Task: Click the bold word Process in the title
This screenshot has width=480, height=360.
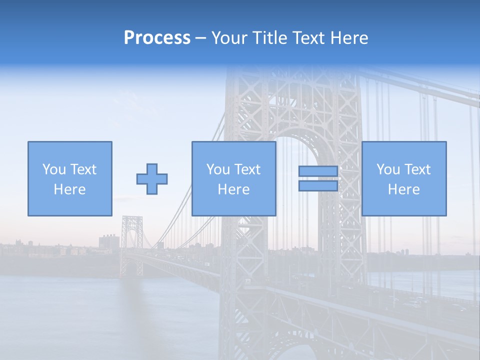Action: tap(157, 38)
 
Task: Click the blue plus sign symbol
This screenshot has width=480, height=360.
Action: tap(152, 179)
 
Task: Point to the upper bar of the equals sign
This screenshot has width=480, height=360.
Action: tap(318, 171)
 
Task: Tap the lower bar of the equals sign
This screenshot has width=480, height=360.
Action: tap(318, 186)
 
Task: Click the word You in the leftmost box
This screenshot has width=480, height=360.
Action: tap(54, 169)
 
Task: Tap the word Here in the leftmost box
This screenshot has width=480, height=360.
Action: tap(69, 189)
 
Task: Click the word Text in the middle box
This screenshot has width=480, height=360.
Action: tap(247, 169)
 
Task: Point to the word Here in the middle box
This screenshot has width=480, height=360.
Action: tap(233, 189)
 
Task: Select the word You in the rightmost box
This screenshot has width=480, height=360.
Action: tap(388, 169)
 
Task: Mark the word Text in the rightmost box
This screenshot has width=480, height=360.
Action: tap(417, 169)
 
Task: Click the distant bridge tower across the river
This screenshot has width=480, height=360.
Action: tap(131, 245)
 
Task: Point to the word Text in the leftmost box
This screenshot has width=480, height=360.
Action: tap(83, 169)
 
